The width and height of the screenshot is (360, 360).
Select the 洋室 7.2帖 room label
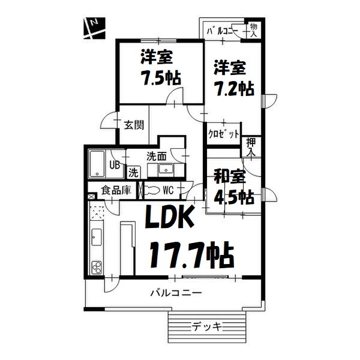click(x=233, y=77)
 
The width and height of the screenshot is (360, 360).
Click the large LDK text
click(x=169, y=218)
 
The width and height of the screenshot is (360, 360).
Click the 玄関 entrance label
click(x=133, y=125)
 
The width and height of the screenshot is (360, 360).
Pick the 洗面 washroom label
click(x=157, y=156)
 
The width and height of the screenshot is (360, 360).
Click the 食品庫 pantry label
click(x=116, y=191)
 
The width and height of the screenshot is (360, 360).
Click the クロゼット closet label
click(x=224, y=133)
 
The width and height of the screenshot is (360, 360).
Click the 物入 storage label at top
click(x=254, y=30)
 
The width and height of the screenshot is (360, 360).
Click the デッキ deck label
click(x=207, y=326)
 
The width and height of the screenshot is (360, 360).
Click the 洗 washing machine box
click(x=133, y=172)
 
